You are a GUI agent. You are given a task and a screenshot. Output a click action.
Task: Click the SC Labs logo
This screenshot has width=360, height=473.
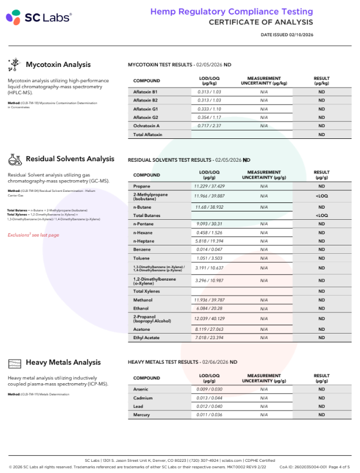pyautogui.click(x=39, y=18)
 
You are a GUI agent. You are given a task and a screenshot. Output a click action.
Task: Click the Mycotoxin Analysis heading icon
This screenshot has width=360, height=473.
pyautogui.click(x=15, y=65)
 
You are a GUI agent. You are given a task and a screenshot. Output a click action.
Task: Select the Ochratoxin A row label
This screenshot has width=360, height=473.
pyautogui.click(x=146, y=126)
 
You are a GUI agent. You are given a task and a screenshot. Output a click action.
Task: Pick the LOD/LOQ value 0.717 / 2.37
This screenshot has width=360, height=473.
pyautogui.click(x=209, y=126)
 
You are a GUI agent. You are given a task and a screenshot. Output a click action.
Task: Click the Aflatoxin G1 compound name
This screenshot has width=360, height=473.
pyautogui.click(x=146, y=109)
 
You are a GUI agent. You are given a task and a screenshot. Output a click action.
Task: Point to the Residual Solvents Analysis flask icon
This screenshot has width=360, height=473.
pyautogui.click(x=15, y=160)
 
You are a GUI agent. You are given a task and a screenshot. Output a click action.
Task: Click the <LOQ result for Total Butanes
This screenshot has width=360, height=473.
pyautogui.click(x=321, y=215)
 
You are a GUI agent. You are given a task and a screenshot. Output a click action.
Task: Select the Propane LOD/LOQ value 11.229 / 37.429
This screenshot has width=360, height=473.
pyautogui.click(x=209, y=186)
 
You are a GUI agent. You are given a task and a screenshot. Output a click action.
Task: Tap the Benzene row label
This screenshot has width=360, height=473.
pyautogui.click(x=142, y=249)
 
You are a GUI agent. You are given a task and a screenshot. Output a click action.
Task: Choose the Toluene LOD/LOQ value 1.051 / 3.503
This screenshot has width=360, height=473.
pyautogui.click(x=209, y=258)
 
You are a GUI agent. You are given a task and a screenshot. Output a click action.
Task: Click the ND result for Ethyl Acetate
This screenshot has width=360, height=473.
pyautogui.click(x=321, y=338)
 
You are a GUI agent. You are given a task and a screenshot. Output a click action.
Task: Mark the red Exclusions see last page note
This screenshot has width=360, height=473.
pyautogui.click(x=33, y=235)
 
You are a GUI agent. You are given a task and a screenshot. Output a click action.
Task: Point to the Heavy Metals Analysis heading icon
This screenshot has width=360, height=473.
pyautogui.click(x=15, y=363)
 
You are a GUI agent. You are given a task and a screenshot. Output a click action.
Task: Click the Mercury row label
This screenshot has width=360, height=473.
pyautogui.click(x=142, y=415)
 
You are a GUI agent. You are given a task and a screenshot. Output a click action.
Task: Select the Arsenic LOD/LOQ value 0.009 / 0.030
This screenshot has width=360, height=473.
pyautogui.click(x=209, y=389)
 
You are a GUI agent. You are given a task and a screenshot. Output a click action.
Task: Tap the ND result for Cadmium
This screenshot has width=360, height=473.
pyautogui.click(x=321, y=398)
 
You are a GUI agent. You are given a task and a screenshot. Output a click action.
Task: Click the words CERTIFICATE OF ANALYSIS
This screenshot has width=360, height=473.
pyautogui.click(x=261, y=22)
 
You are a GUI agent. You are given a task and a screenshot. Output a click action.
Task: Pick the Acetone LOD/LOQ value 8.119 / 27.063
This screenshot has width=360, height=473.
pyautogui.click(x=209, y=329)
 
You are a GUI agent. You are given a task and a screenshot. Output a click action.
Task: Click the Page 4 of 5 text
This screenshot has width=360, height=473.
pyautogui.click(x=337, y=466)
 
